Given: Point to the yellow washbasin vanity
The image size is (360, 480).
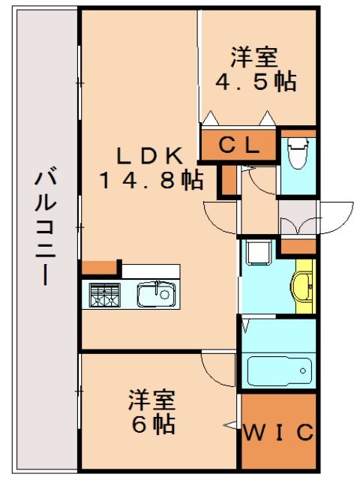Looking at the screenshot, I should point(304,286).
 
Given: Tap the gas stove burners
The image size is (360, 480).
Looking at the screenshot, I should point(104,295).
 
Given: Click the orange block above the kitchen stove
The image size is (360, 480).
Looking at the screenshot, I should point(100,268).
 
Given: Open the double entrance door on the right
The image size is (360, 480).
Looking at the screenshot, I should point(315,218).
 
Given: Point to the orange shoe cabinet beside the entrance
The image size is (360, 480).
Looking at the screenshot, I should point(298,247).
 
